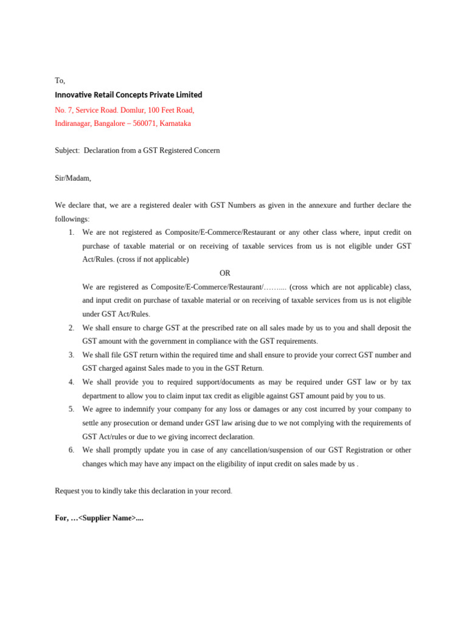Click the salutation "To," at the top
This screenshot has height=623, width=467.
click(60, 81)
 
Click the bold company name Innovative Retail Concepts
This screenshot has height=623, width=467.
click(128, 95)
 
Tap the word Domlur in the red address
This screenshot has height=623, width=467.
click(132, 110)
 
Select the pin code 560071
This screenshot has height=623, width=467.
click(145, 124)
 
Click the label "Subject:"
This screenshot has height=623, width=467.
click(67, 150)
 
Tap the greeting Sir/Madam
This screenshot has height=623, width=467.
click(72, 178)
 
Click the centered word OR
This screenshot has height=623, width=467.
click(225, 273)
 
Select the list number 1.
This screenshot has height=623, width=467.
click(71, 232)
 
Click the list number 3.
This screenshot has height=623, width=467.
click(71, 355)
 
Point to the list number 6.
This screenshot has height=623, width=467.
click(71, 450)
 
